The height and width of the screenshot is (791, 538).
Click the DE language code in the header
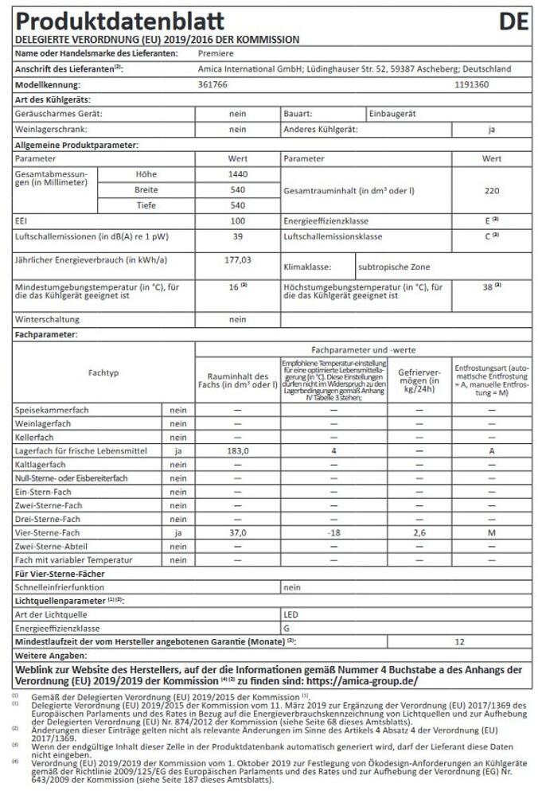513,21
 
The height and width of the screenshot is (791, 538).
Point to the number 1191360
471,84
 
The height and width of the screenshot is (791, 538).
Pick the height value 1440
237,174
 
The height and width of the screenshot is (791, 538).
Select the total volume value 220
491,191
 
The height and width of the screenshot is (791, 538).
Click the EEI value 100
237,220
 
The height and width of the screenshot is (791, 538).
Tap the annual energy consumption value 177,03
237,259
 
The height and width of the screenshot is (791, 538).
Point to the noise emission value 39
237,236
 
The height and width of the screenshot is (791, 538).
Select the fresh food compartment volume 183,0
237,451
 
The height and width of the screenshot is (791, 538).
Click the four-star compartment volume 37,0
237,532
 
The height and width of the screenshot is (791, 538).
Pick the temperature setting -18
332,532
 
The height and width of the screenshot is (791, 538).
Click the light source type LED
291,614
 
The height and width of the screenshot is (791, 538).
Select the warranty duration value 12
459,641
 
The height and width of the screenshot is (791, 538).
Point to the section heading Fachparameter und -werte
363,350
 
